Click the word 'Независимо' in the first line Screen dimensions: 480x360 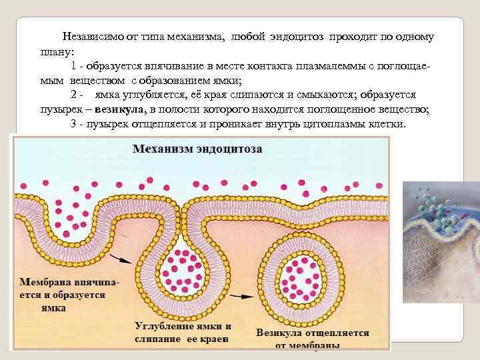coord(93,37)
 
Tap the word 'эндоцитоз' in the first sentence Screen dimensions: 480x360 coord(297,37)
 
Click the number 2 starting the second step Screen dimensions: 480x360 coord(73,95)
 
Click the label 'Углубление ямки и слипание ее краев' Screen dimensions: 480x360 coord(183,333)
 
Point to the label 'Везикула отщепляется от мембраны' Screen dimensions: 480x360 coord(312,339)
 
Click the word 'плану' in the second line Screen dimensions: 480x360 coord(55,51)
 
